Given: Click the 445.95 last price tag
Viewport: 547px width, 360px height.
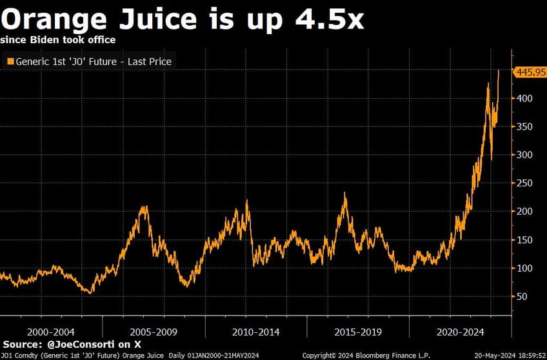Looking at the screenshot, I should [x=530, y=72].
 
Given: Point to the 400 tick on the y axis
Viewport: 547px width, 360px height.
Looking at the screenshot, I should [x=524, y=99].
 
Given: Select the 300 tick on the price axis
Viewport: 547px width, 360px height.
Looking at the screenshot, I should [x=524, y=155].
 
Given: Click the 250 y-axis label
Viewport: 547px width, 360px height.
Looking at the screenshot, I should [x=524, y=183].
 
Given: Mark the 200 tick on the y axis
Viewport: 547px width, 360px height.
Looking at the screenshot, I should [x=524, y=212].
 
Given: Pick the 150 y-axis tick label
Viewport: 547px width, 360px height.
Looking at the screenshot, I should [x=524, y=240].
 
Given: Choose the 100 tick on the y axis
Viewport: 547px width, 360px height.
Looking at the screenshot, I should [x=524, y=268].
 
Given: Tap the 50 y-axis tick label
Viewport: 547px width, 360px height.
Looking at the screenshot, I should [x=522, y=297].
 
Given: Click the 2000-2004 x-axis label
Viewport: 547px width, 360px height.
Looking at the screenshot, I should [x=51, y=331].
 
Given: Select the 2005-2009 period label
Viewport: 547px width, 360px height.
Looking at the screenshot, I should [x=154, y=331].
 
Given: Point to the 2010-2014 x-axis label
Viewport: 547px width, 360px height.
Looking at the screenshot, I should [x=256, y=331].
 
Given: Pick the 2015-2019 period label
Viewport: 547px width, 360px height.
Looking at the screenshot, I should [x=358, y=331].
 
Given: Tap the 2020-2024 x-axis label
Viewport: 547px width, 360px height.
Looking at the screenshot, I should [x=461, y=331].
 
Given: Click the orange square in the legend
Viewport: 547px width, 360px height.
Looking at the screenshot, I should [x=10, y=62].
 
